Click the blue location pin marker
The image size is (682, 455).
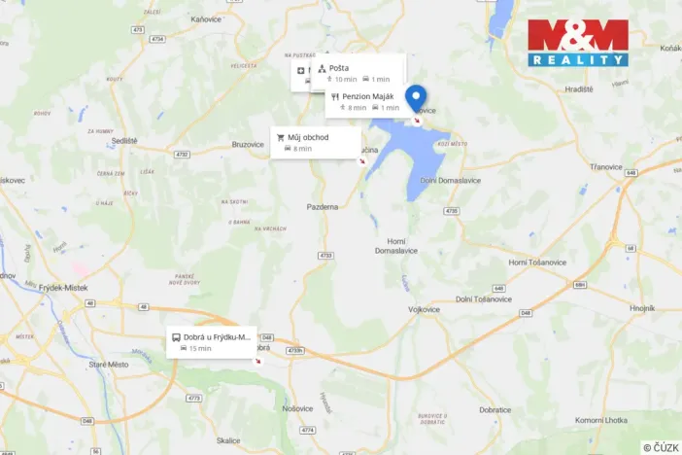(416, 98)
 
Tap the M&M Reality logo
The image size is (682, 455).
(578, 43)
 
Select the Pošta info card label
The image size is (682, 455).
(339, 68)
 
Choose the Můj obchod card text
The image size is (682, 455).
(308, 137)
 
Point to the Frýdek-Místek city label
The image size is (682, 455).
(65, 289)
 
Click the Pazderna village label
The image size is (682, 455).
(323, 207)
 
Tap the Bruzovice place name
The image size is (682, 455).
(248, 145)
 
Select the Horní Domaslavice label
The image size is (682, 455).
(396, 245)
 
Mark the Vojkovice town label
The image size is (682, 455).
(425, 308)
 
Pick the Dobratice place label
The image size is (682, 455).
(494, 409)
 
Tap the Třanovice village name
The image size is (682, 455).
(605, 166)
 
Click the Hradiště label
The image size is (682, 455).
(579, 88)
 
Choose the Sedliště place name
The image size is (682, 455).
(124, 140)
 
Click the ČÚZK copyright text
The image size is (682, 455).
(661, 447)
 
